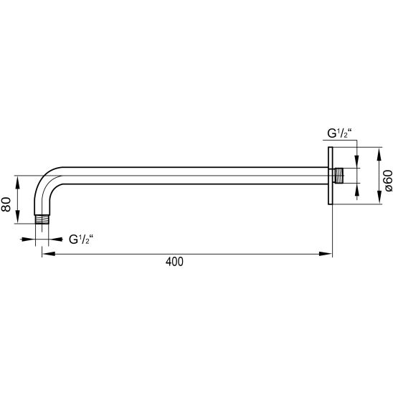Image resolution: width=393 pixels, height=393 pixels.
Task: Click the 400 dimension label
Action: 174,262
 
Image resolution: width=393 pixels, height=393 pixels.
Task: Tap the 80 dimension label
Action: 6,204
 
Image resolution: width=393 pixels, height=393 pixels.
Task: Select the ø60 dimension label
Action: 388,181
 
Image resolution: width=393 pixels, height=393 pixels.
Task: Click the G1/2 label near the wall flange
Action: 340,133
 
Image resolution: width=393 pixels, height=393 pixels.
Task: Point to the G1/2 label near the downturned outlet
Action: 81,240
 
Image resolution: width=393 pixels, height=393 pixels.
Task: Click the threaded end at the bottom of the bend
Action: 42,219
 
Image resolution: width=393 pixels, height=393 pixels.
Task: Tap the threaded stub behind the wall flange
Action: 338,176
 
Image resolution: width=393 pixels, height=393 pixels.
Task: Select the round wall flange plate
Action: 331,176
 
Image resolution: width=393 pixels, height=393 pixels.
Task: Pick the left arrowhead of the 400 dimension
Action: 49,254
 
